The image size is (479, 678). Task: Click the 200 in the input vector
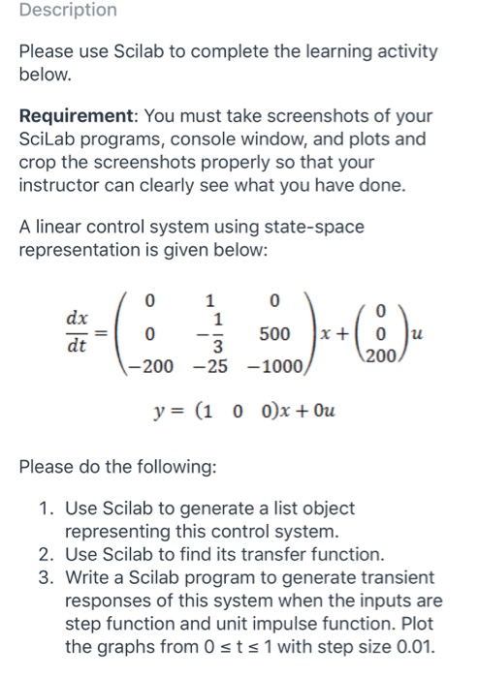point(384,356)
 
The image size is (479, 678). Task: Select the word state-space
point(309,227)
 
